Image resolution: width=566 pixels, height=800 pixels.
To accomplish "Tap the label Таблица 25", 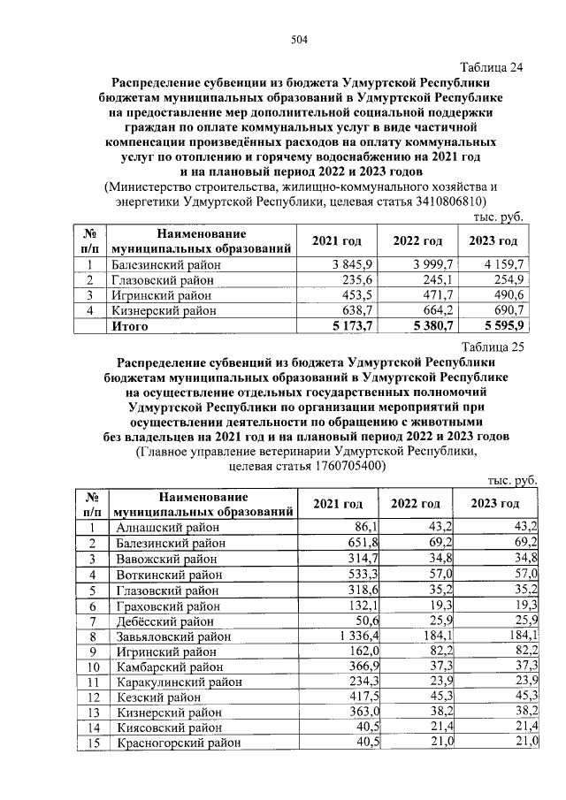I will click(x=492, y=347).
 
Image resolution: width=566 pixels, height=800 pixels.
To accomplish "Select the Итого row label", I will click(x=129, y=326).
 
